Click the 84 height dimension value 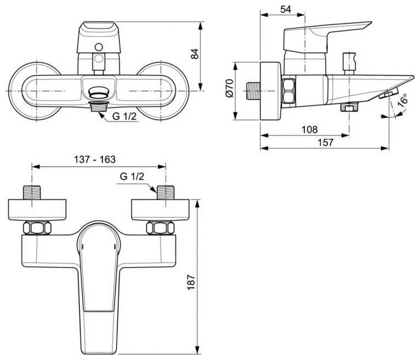[195, 54]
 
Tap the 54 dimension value [285, 9]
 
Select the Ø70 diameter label [230, 88]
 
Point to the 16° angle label [402, 100]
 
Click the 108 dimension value [309, 130]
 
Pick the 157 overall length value [325, 142]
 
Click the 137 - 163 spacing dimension [95, 159]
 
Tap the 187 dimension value [191, 282]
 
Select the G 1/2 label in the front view [124, 116]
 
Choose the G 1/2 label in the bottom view [132, 176]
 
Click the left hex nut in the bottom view [37, 228]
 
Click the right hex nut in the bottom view [160, 228]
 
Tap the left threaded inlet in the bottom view [32, 192]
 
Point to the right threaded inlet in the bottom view [165, 192]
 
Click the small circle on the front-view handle [99, 47]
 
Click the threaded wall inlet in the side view [253, 91]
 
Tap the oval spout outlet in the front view [99, 92]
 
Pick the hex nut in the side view [288, 91]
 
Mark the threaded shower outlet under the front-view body [99, 107]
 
